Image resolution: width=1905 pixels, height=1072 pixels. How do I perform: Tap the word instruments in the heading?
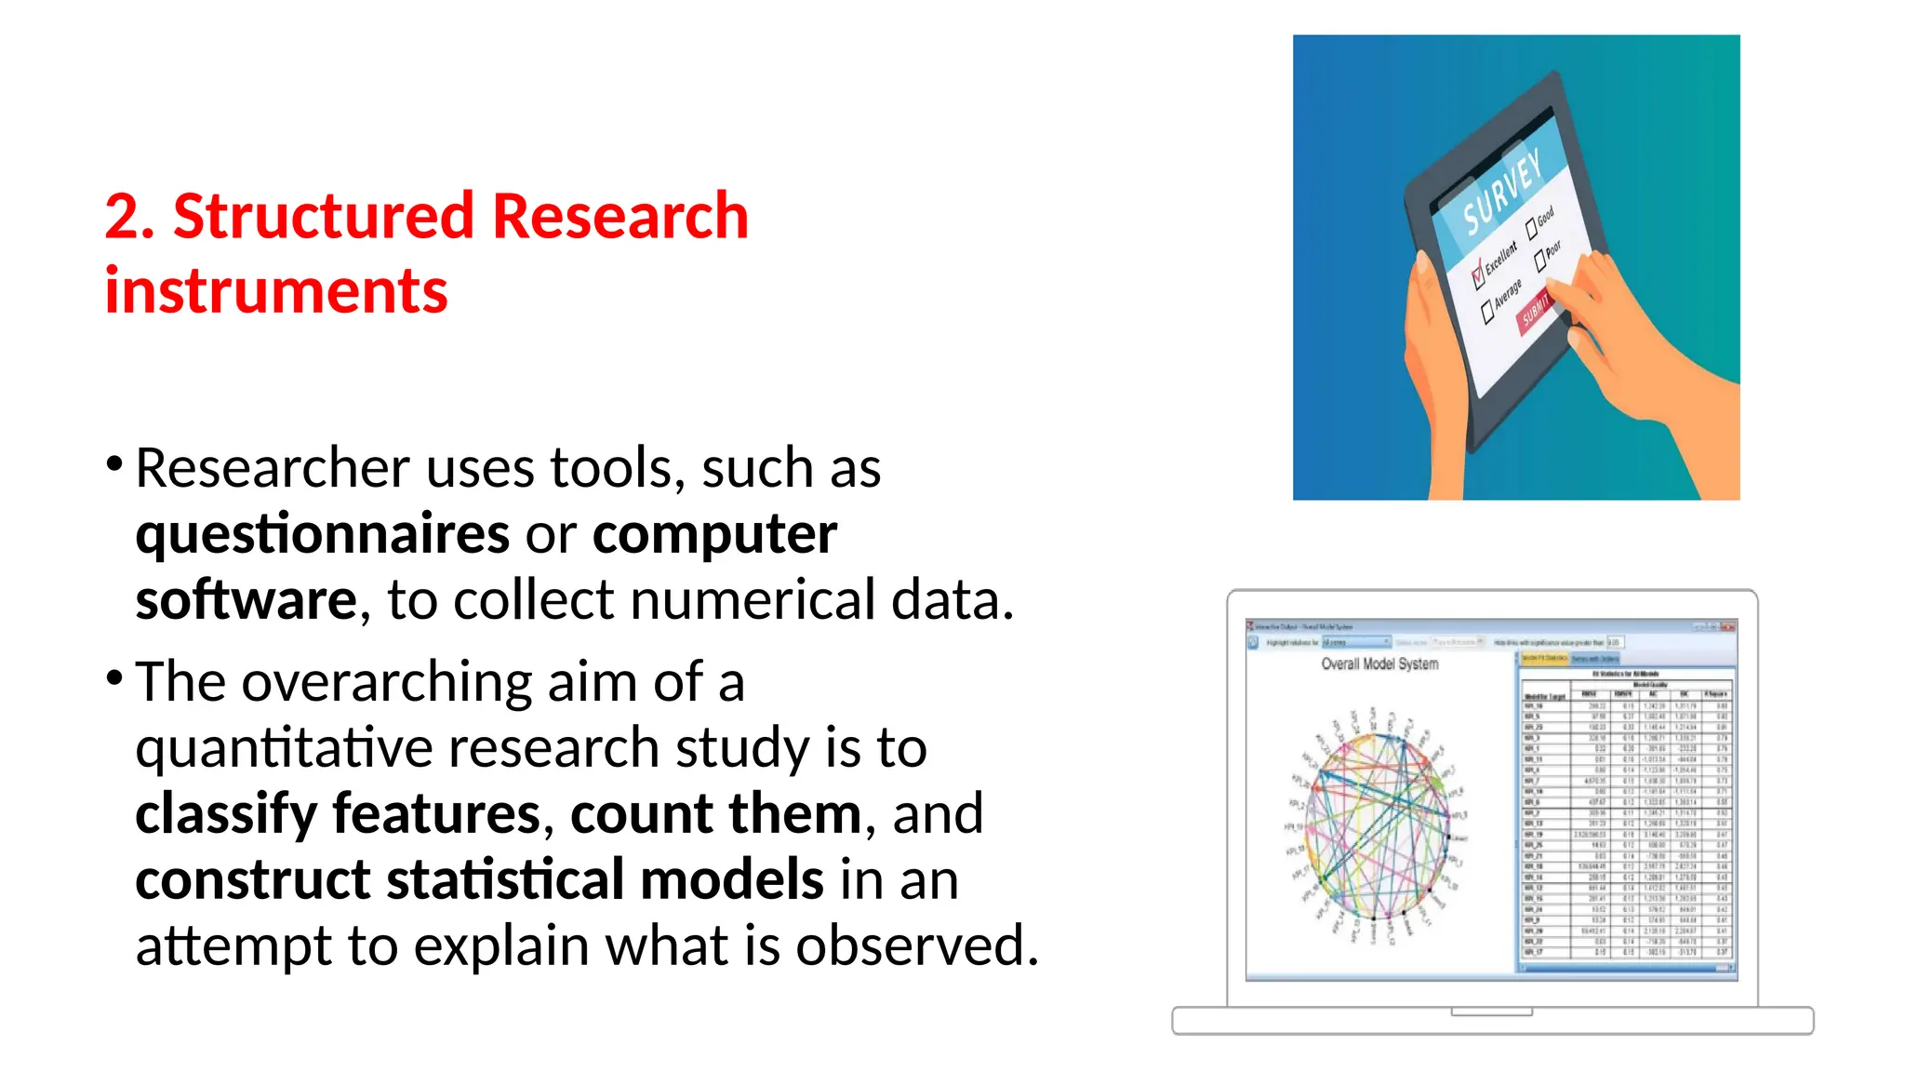276,291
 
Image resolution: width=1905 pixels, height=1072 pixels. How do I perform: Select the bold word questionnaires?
322,534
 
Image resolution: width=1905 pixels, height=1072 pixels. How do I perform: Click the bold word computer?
714,534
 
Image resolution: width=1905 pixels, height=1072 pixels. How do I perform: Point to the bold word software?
246,600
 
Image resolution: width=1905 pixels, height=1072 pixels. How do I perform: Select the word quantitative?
283,748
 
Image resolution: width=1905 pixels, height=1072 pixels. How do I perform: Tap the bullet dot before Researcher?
114,463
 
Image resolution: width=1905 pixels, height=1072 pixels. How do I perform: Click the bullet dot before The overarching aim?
114,677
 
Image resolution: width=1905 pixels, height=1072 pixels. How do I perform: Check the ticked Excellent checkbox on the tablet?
1477,275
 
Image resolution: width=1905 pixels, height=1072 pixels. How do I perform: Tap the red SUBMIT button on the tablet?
1536,310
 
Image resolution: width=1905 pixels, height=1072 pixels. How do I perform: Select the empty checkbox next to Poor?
1540,261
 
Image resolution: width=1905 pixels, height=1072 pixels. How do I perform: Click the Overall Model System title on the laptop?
1379,664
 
